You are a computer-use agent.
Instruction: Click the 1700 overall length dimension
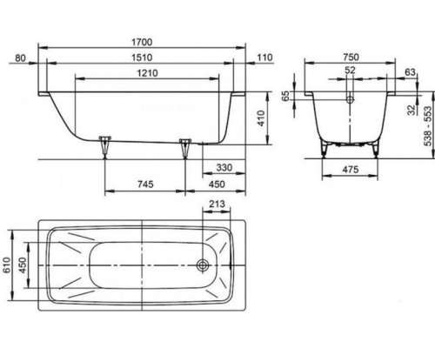point(142,43)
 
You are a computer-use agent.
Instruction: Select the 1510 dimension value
point(142,57)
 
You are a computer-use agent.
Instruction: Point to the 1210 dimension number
point(147,73)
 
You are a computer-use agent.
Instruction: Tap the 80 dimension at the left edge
point(20,58)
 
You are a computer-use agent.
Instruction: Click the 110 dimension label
point(265,57)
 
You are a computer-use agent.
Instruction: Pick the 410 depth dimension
point(261,118)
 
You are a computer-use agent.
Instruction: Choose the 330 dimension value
point(224,167)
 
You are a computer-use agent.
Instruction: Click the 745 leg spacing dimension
point(145,184)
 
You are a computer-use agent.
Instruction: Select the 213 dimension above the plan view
point(217,204)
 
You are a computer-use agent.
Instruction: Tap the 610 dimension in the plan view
point(6,265)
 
